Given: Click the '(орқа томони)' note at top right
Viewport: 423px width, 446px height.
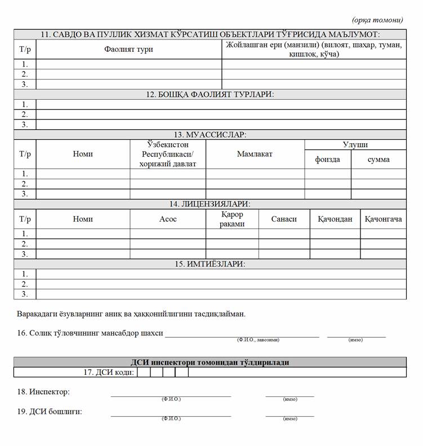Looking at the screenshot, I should [x=377, y=20].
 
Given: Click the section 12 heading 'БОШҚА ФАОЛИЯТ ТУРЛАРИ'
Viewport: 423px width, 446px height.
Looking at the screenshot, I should [x=210, y=94].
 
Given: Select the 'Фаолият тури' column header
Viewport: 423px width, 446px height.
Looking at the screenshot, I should [x=128, y=49].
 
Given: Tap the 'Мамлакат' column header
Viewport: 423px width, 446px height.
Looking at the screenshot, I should [x=255, y=154].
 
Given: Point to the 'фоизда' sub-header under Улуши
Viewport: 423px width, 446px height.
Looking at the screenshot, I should [x=327, y=159].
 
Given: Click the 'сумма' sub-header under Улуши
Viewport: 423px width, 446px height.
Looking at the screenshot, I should [x=379, y=159].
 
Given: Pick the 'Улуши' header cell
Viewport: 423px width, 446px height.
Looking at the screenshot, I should [x=355, y=145].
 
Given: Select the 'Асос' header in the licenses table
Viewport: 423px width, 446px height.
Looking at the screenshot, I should [x=168, y=219].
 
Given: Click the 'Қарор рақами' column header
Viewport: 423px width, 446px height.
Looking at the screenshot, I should [x=232, y=219].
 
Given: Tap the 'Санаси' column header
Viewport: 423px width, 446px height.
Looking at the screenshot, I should [x=284, y=219].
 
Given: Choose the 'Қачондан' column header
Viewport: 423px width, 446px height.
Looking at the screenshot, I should [x=335, y=219].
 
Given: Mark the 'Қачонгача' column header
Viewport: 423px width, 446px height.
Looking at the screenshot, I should [x=383, y=219].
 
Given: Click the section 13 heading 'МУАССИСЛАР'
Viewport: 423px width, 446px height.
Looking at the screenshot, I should [x=210, y=135].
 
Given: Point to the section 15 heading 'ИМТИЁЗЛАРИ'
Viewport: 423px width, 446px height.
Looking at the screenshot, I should [x=210, y=264].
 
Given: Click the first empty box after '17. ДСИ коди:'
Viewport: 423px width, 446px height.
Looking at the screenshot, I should [x=143, y=372].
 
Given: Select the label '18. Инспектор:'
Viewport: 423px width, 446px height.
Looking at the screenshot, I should [x=44, y=391].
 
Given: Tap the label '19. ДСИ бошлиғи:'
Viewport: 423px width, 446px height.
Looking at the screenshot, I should [x=50, y=411].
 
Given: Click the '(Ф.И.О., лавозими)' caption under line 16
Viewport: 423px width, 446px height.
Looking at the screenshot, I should [x=258, y=340].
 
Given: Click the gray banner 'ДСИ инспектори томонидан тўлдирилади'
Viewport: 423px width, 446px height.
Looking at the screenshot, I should [x=210, y=362].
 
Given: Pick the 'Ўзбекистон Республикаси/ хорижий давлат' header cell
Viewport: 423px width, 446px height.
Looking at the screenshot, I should [x=168, y=154].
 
